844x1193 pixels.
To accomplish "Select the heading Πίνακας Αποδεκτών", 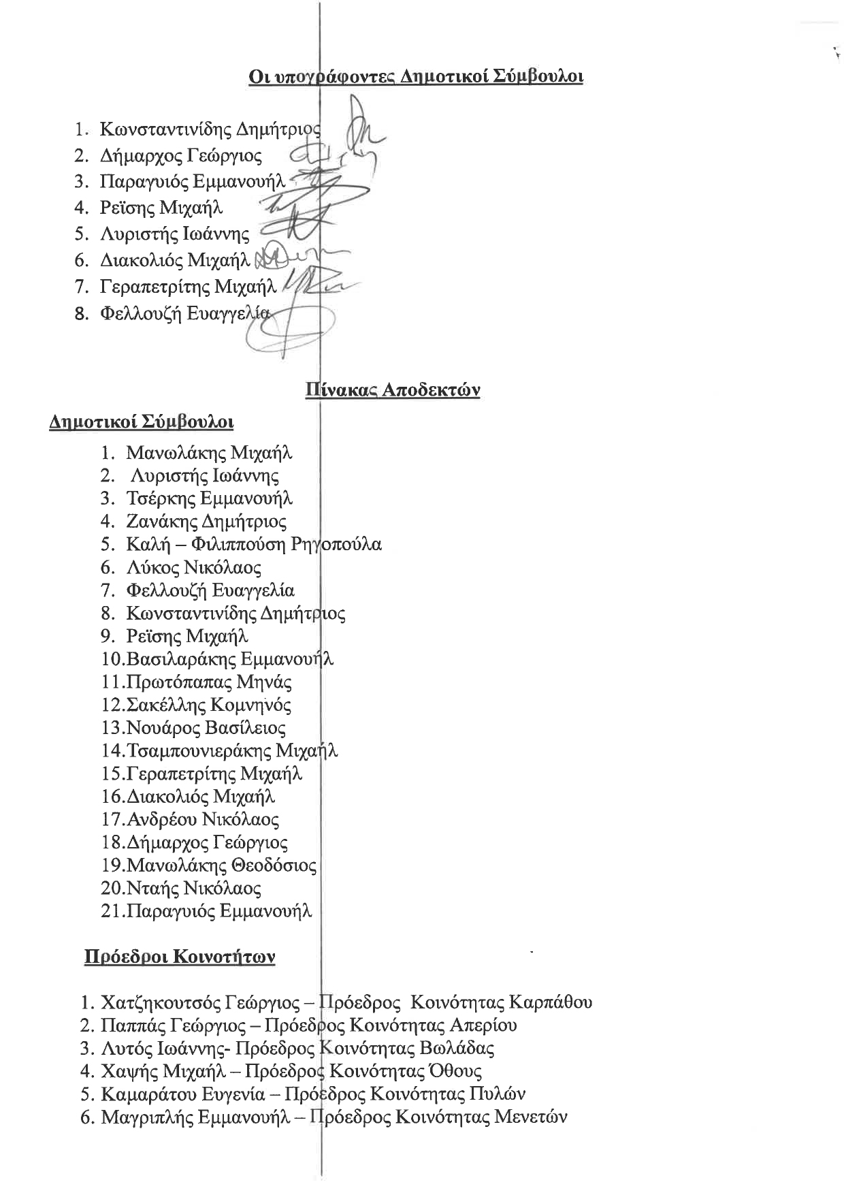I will (x=393, y=390).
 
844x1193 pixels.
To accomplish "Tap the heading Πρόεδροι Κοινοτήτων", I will (x=180, y=957).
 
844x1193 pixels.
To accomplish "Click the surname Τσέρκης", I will (x=161, y=498).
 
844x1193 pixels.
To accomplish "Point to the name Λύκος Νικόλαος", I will (x=193, y=567).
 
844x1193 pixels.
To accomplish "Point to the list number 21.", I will (x=110, y=911).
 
